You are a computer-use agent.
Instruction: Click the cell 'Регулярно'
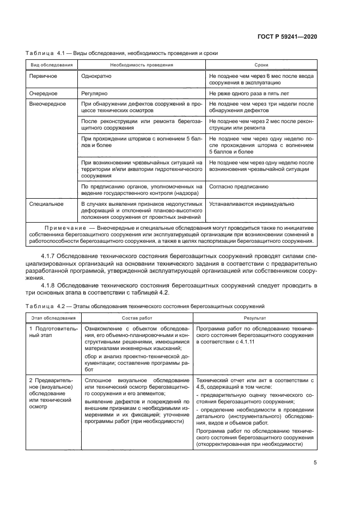point(94,94)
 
